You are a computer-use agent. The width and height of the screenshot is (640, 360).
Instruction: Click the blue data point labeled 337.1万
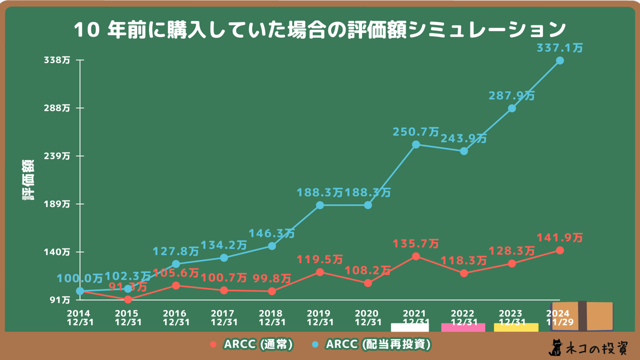click(560, 60)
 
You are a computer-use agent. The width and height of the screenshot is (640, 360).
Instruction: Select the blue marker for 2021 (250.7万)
click(416, 144)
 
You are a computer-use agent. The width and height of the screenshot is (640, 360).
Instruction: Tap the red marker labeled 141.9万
click(560, 250)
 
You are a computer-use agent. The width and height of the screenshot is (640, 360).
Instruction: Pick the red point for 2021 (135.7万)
click(416, 256)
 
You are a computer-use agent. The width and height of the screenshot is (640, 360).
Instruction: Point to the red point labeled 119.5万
click(320, 272)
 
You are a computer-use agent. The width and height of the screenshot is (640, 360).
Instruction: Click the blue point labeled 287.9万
click(512, 108)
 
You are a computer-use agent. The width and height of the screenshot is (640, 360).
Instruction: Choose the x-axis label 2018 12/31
click(272, 317)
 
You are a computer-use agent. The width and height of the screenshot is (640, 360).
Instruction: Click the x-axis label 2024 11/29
click(558, 317)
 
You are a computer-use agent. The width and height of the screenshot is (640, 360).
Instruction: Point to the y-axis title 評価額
click(28, 180)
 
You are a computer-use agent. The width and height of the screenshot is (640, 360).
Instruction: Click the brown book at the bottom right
click(582, 316)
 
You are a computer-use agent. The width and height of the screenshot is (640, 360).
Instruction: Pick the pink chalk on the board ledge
click(463, 327)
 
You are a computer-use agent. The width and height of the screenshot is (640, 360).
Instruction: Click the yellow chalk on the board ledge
click(516, 327)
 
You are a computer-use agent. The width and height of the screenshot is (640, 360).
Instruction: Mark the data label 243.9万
click(463, 138)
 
